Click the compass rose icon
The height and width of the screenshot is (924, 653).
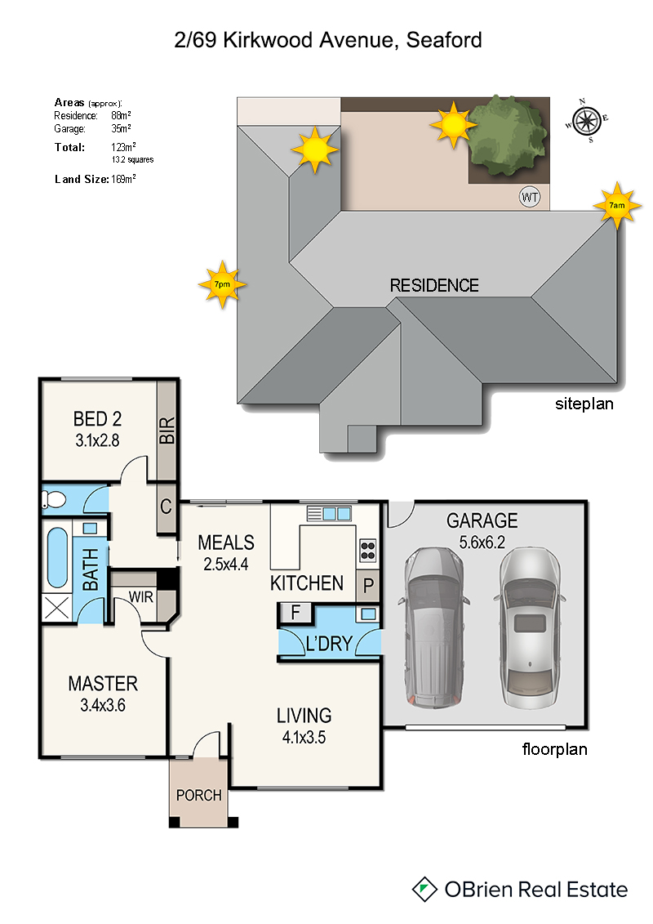coord(586,121)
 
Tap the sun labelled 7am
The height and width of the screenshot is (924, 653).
coord(616,206)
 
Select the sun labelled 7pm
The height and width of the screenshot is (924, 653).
coord(222,284)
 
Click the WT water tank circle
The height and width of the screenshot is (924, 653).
coord(530,197)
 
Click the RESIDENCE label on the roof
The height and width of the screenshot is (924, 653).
coord(434,286)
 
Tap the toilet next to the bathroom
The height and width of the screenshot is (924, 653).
coord(53,500)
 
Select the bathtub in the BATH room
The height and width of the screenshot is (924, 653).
coord(57,557)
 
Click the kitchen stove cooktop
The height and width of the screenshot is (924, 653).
coord(368,551)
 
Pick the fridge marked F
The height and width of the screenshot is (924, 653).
coord(295,613)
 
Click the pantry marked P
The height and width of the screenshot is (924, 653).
coord(368,586)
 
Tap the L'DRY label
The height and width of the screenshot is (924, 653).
coord(329,644)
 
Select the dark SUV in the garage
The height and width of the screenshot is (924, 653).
coord(433,627)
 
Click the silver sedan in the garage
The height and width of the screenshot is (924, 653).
coord(530,627)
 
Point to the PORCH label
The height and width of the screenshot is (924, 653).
coord(199,796)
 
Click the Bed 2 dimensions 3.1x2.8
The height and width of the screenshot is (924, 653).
coord(97,441)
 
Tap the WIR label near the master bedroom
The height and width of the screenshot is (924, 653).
coord(140,597)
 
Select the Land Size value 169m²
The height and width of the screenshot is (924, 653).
coord(123,179)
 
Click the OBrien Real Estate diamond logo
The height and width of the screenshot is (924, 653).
coord(424,889)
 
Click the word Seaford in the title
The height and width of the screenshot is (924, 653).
coord(444,40)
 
